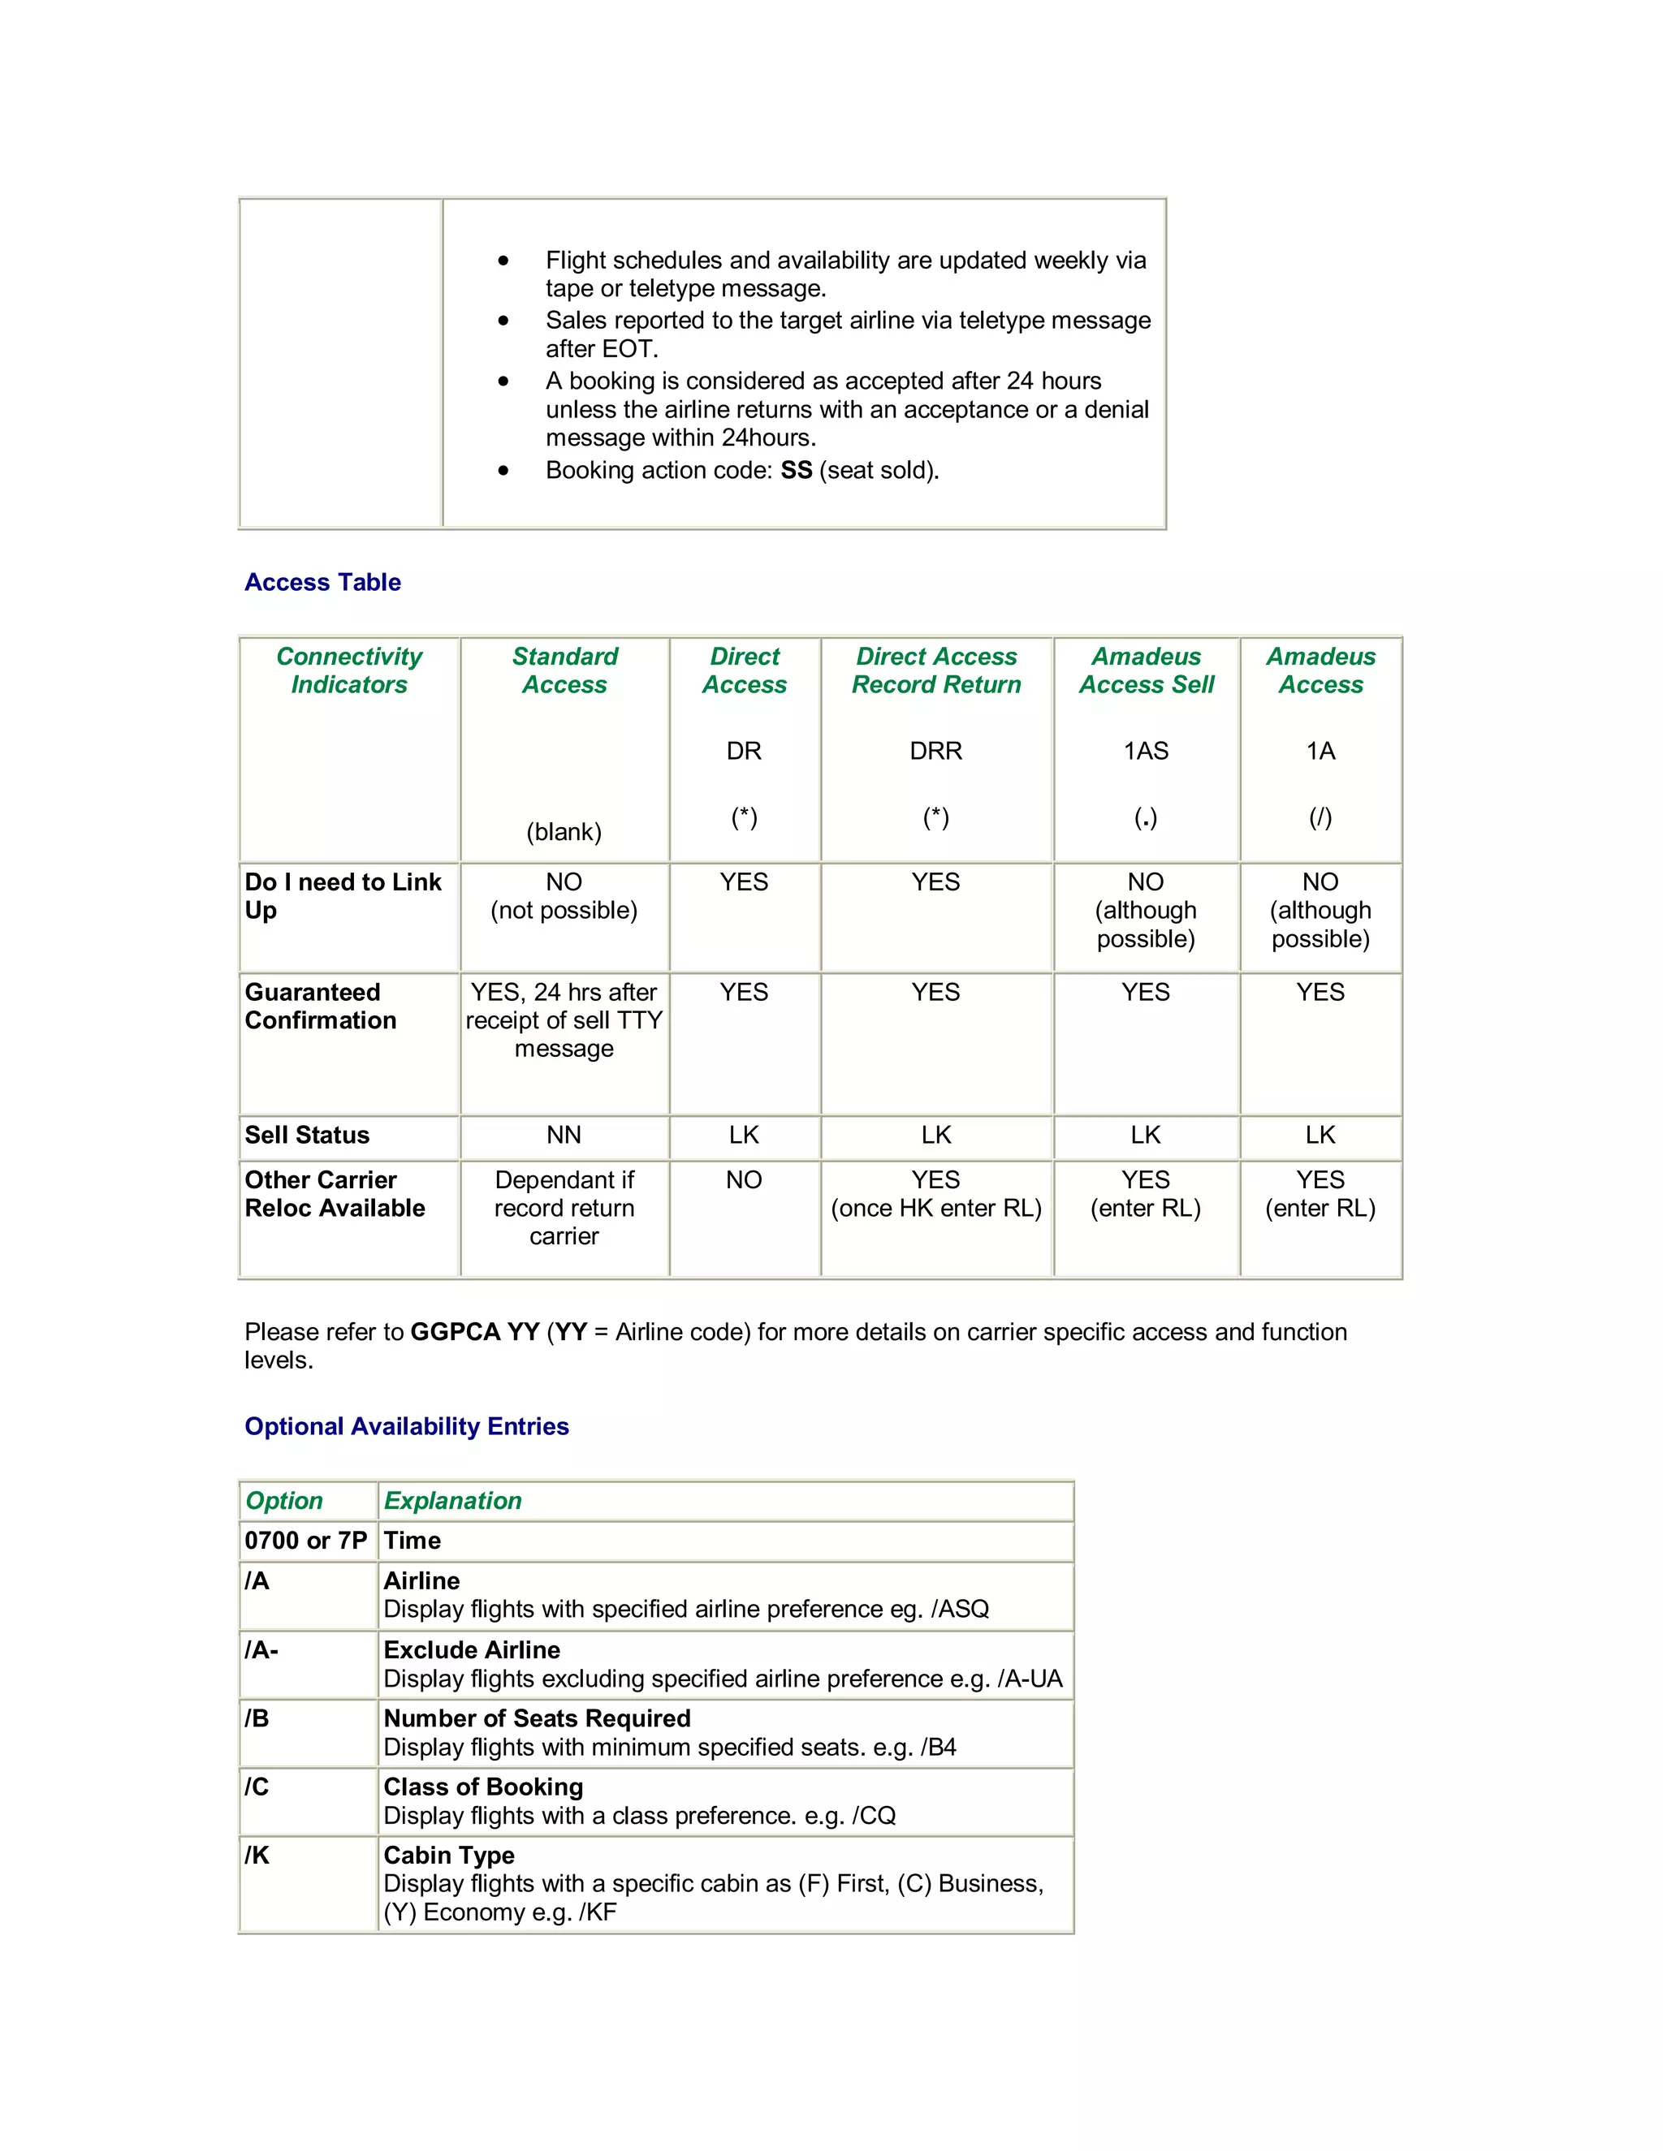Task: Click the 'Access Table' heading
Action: click(322, 582)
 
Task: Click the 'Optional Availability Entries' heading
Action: click(406, 1426)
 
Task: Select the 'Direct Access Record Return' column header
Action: click(936, 670)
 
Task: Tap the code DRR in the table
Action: click(936, 752)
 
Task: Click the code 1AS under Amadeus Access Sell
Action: click(1146, 752)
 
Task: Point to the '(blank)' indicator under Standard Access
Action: click(564, 832)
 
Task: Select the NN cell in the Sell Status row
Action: click(564, 1136)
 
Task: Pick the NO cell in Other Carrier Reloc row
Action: click(744, 1180)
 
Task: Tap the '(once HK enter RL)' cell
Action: click(936, 1209)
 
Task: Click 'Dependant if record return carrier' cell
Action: click(564, 1208)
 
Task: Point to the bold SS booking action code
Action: click(796, 471)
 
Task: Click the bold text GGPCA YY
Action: click(475, 1333)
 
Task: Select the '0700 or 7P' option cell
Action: click(305, 1541)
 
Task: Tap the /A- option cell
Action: click(262, 1651)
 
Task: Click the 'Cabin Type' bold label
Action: click(448, 1856)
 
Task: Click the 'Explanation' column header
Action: click(452, 1501)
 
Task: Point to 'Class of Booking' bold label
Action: click(483, 1787)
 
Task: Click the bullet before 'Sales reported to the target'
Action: click(503, 321)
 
